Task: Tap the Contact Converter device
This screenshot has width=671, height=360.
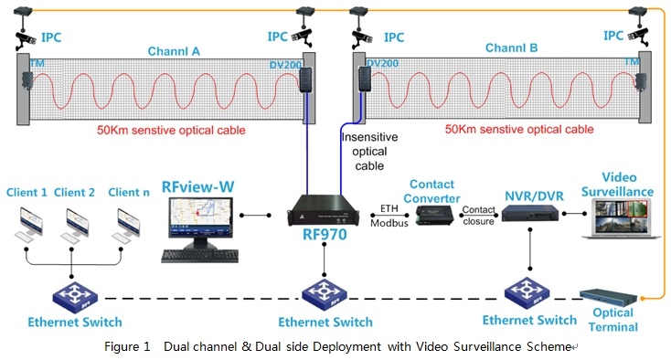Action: pos(433,214)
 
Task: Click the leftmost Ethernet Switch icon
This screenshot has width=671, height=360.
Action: pos(73,295)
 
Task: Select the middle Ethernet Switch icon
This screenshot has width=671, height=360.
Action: pos(325,295)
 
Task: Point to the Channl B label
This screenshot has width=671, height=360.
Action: pos(512,47)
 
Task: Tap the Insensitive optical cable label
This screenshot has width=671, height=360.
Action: pos(370,151)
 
